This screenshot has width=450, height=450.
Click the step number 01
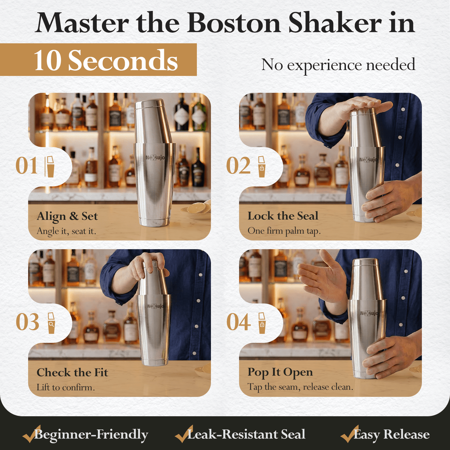[26, 166]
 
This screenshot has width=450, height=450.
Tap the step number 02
[238, 166]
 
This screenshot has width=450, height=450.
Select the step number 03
[28, 322]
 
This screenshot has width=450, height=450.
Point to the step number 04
[238, 322]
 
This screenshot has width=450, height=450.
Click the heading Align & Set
[67, 216]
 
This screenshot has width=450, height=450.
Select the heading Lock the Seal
[283, 216]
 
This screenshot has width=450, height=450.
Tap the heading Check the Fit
[72, 372]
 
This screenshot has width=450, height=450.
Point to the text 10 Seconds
[106, 60]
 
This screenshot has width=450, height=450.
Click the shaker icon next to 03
[51, 323]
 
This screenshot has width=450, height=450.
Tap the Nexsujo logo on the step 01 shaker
[155, 157]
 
